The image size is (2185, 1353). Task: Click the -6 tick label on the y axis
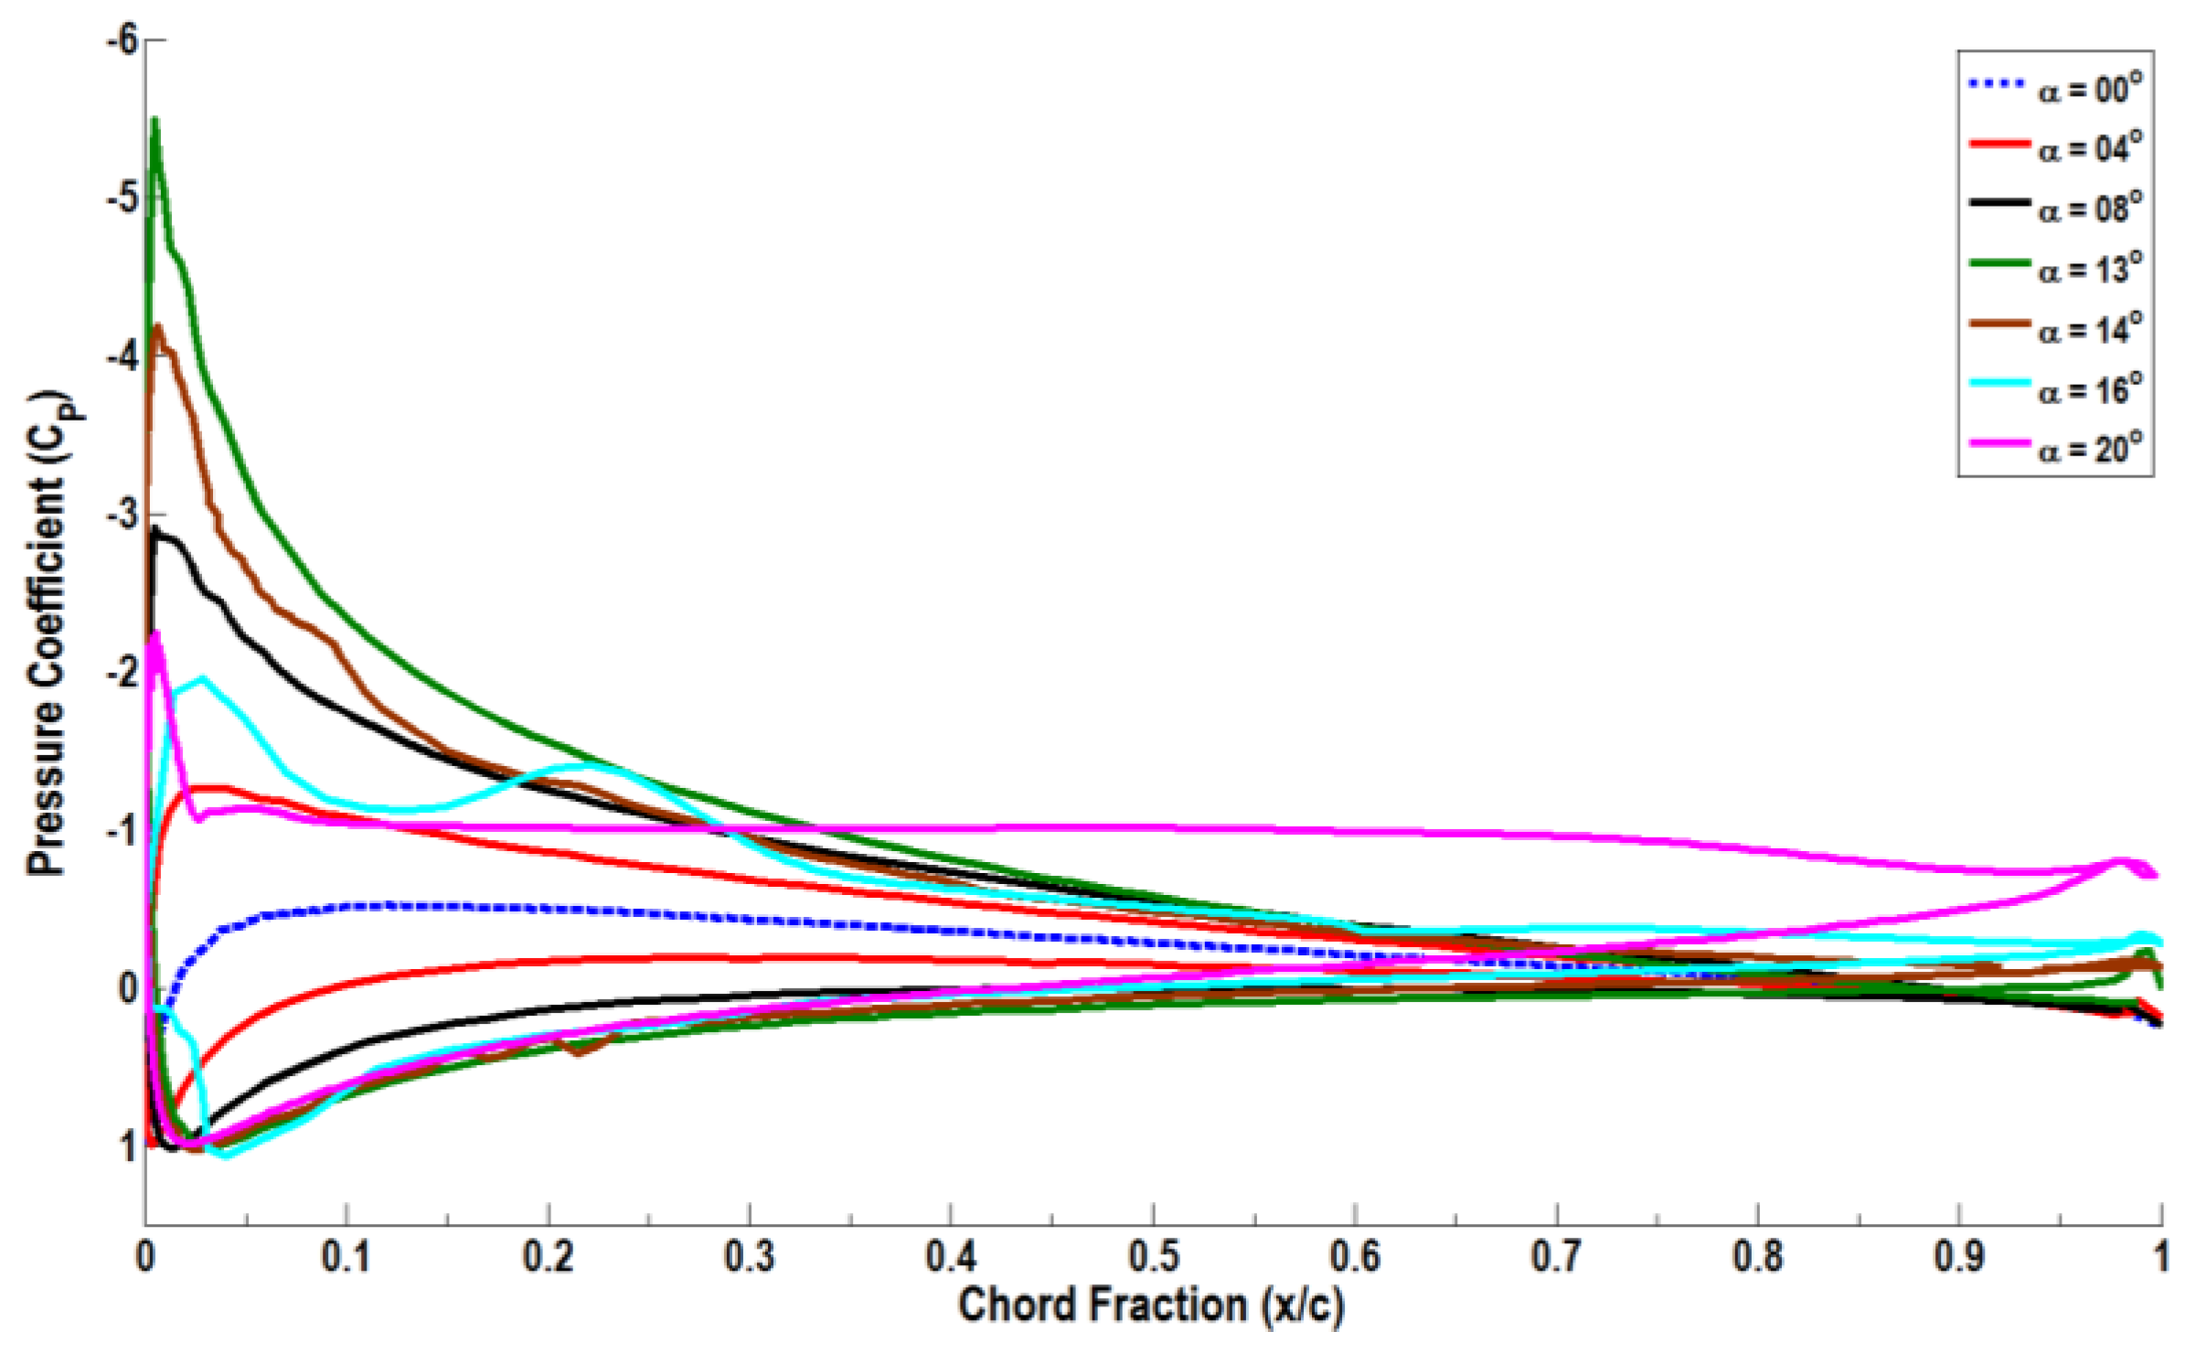point(122,40)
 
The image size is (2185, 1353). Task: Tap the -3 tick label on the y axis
point(122,516)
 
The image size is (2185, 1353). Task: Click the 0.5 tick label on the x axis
point(1153,1257)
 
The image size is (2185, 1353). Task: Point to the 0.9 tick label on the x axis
point(1958,1257)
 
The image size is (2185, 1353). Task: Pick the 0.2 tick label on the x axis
point(548,1257)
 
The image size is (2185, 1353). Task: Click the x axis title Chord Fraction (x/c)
point(1151,1305)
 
